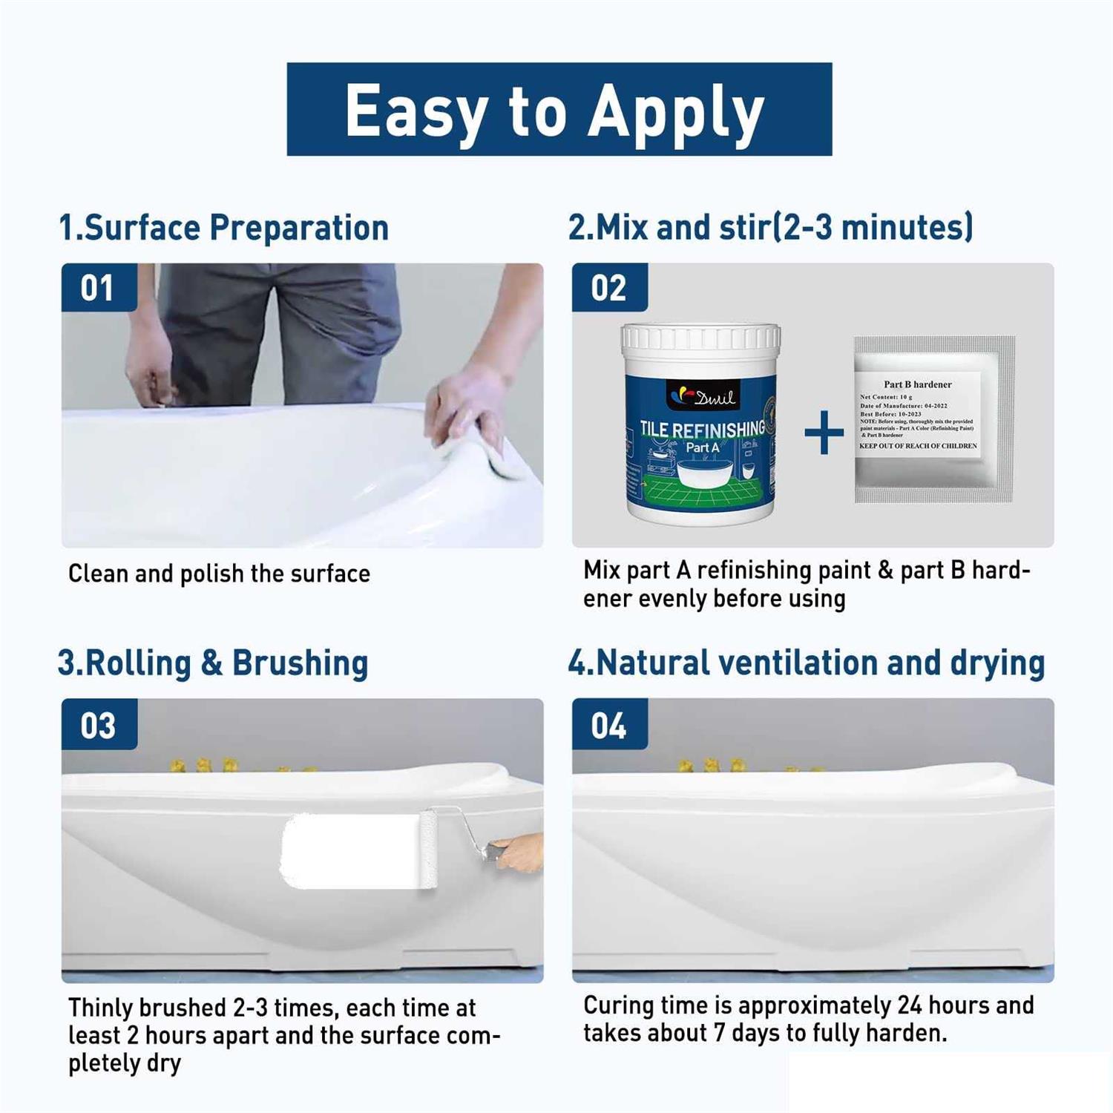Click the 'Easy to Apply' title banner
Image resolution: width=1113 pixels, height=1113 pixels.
point(559,109)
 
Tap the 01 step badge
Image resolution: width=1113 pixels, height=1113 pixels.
point(98,288)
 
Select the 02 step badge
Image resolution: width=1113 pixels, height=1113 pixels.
point(608,288)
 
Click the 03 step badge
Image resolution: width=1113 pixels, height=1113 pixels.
point(98,725)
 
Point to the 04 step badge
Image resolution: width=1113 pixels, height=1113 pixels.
point(608,725)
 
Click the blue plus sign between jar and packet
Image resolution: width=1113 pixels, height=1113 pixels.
point(824,433)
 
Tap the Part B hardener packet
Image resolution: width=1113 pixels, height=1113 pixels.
point(933,419)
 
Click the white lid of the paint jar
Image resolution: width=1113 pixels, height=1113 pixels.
point(700,338)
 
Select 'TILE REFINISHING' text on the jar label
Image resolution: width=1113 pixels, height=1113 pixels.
point(702,430)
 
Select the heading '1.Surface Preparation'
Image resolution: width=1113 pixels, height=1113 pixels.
point(223,228)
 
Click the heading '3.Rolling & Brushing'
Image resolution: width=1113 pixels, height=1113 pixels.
point(213,663)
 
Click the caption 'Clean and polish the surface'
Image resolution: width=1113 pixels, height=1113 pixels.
point(219,574)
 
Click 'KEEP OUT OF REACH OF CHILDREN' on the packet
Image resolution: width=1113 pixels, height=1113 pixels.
point(918,446)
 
